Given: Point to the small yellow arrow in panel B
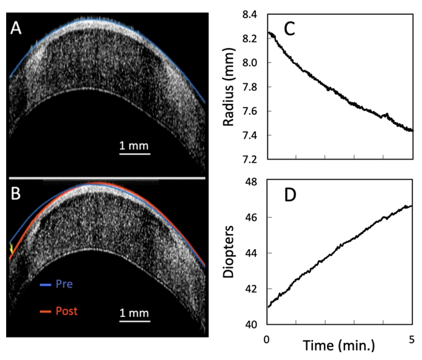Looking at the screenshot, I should [11, 248].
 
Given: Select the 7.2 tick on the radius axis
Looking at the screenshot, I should [251, 160].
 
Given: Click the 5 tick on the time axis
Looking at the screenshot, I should [411, 338].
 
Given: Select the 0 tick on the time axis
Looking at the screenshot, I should [266, 338].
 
